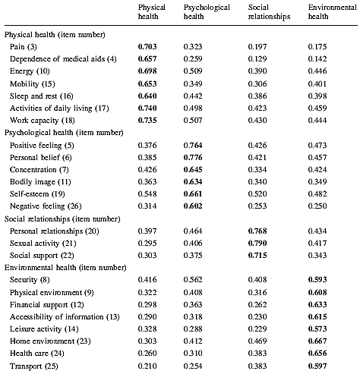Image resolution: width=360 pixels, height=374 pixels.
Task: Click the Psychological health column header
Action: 207,11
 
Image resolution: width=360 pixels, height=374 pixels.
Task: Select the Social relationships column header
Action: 269,11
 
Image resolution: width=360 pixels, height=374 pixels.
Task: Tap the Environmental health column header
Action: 332,11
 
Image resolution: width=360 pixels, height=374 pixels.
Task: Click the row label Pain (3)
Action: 24,47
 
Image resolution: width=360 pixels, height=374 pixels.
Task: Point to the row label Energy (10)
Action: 30,71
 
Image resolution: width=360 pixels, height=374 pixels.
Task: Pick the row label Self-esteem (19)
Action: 37,194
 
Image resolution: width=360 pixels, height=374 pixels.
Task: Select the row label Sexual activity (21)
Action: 43,244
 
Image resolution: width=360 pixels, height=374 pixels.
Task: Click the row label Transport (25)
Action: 34,366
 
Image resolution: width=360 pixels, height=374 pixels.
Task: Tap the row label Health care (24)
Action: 37,353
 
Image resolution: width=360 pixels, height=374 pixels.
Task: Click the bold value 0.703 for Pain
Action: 147,47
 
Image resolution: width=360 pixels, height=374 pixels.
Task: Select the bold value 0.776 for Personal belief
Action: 193,158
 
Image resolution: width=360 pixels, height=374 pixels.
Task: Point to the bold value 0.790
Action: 257,244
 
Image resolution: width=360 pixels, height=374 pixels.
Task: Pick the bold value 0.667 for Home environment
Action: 317,341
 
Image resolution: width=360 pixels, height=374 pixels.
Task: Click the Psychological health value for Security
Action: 193,280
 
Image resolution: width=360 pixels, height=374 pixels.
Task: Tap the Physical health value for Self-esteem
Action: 147,194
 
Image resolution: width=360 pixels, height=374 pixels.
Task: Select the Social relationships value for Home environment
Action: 257,341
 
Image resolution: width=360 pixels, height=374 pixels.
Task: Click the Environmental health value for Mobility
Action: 317,84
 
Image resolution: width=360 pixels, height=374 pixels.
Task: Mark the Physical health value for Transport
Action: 147,366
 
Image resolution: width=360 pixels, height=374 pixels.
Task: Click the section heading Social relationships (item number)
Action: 62,219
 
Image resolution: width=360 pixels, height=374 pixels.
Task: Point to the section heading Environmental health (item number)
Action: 65,268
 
